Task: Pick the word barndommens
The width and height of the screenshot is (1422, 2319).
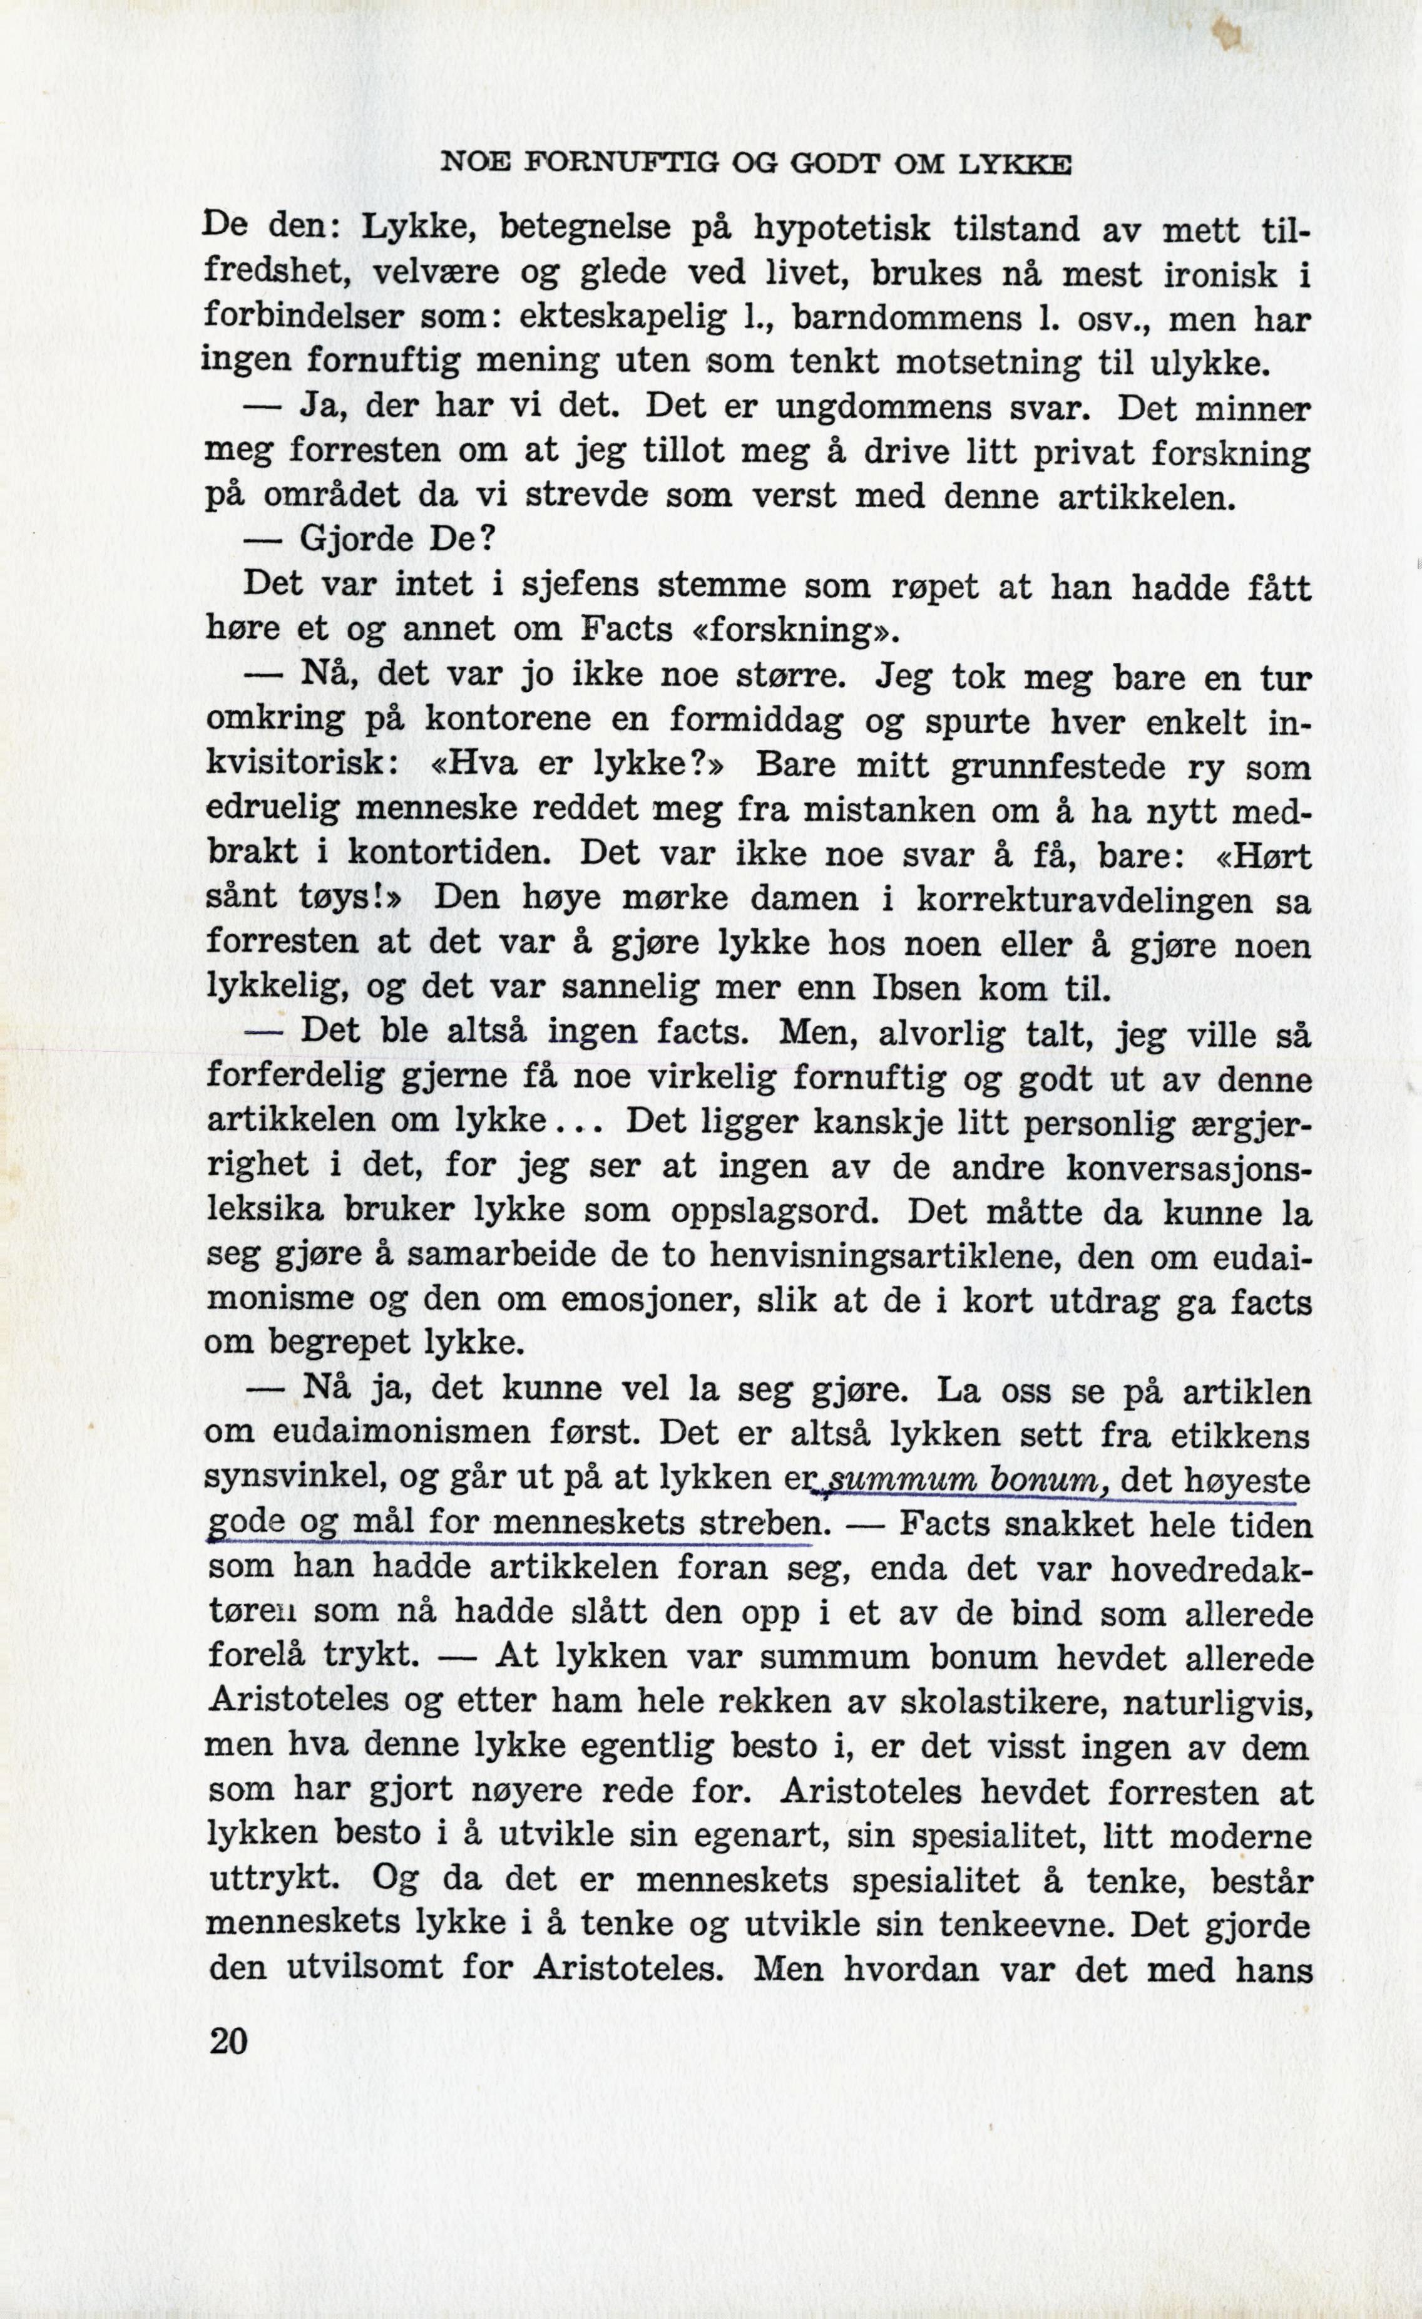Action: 908,319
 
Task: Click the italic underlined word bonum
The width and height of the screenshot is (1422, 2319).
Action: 1037,1481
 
